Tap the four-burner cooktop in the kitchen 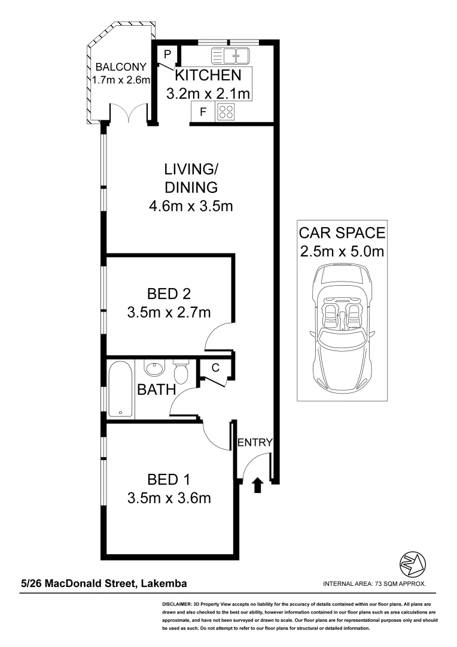click(226, 111)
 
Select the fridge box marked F click(203, 111)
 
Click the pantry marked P click(167, 55)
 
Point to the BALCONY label click(120, 66)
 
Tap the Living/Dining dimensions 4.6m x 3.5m click(190, 207)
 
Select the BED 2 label click(169, 294)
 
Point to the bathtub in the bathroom click(121, 389)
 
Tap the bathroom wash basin click(156, 367)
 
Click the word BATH click(156, 390)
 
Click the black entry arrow click(258, 484)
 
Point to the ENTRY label click(255, 443)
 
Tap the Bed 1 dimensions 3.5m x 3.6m click(169, 498)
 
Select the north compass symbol click(413, 564)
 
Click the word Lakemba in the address click(163, 583)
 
